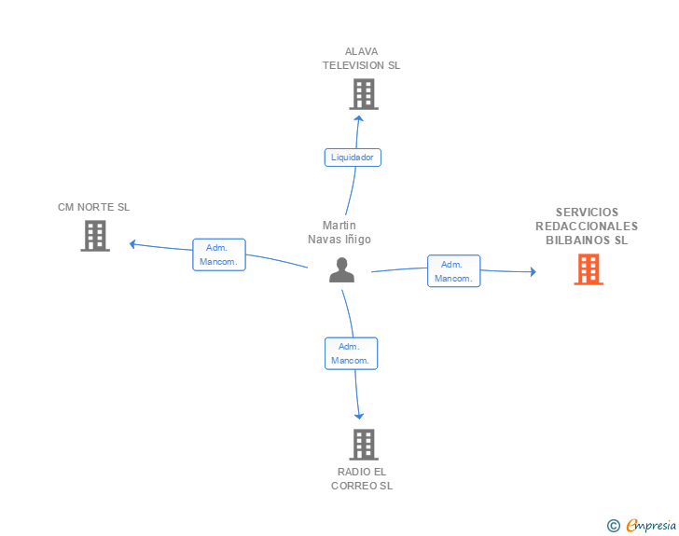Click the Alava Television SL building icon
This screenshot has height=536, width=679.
pos(364,94)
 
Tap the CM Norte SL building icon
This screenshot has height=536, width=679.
pos(94,236)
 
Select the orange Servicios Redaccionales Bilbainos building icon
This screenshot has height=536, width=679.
pos(588,269)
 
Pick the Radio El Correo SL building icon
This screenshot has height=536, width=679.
pos(364,445)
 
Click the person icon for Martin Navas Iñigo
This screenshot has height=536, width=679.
pos(342,269)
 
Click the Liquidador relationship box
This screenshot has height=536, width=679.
pos(353,158)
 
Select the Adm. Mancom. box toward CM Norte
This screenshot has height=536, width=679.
pos(219,254)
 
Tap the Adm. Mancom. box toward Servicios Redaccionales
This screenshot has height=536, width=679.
pos(454,270)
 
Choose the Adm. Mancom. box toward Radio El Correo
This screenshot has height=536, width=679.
pos(351,353)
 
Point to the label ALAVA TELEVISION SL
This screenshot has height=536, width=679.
pos(361,59)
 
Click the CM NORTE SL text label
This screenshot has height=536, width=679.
pos(93,207)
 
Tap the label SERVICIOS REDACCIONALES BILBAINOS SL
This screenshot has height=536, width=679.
pos(587,226)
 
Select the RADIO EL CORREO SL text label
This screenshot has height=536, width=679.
pos(361,478)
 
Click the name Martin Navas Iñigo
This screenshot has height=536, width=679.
pos(339,232)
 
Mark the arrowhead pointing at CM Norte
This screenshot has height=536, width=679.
pos(133,244)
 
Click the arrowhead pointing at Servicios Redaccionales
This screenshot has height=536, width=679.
pos(533,271)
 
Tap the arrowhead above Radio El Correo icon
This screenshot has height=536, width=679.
pos(359,416)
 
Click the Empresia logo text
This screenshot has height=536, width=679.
pos(651,525)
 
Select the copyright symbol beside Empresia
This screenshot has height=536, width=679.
pos(613,526)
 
